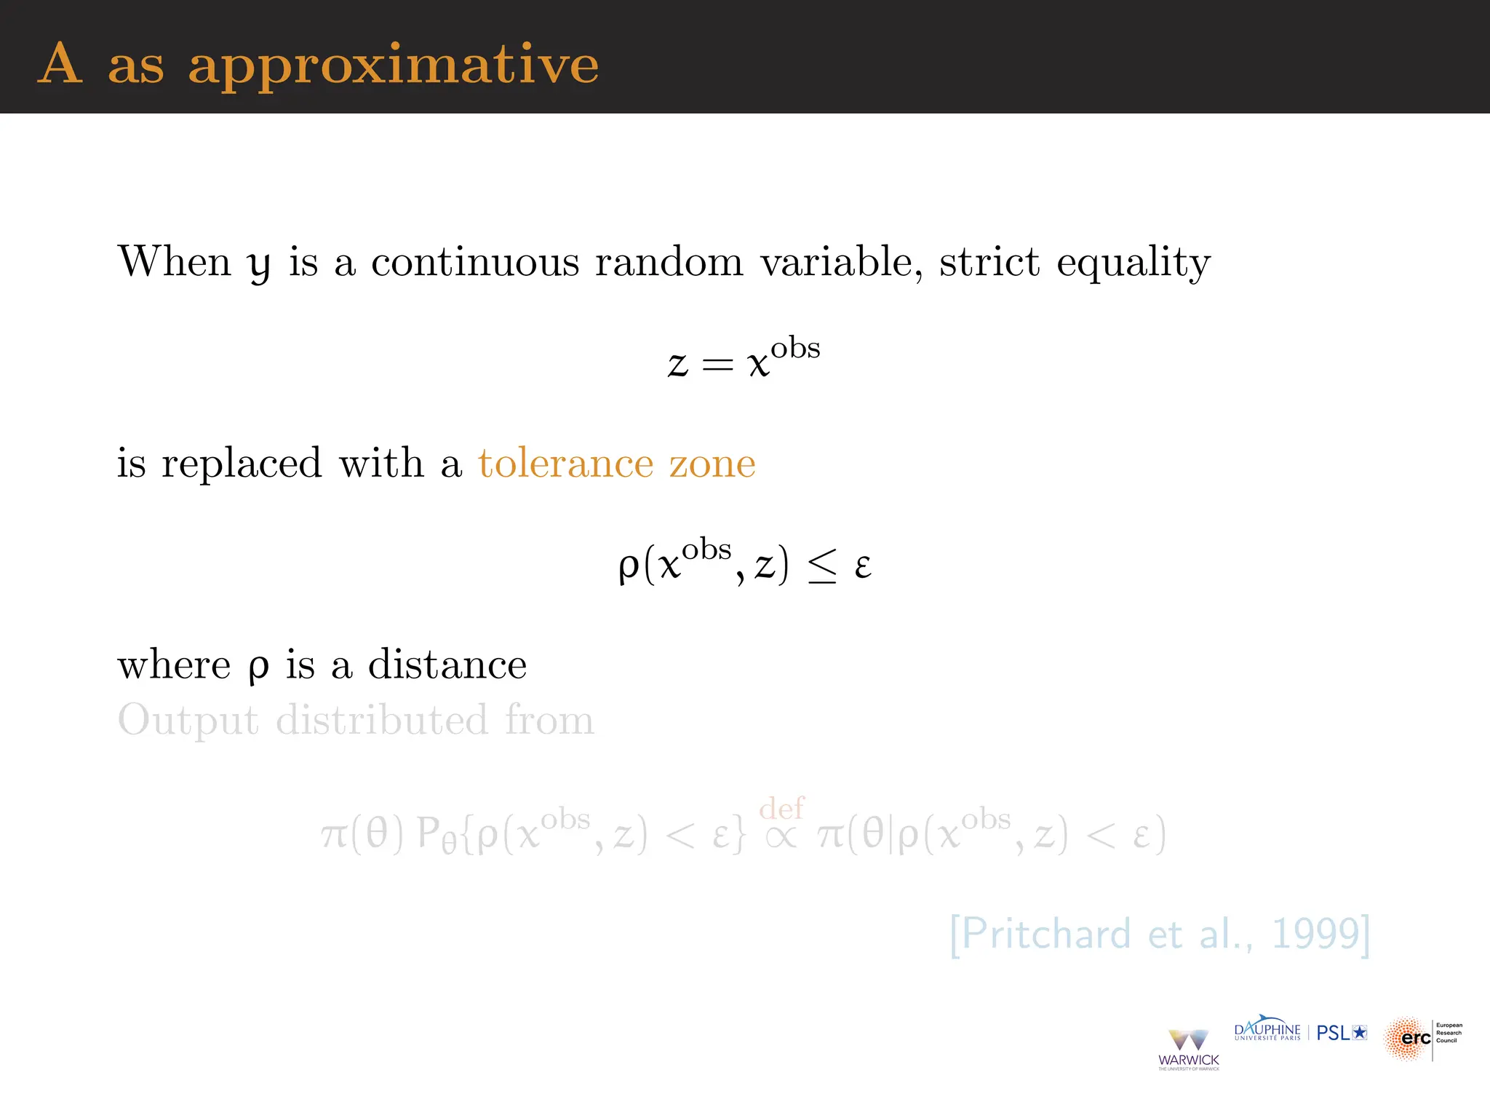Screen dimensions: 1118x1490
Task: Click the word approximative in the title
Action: [x=393, y=66]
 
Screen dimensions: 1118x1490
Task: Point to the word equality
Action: [x=1133, y=263]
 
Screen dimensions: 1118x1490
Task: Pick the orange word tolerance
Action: [x=565, y=463]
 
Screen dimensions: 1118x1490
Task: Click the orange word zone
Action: [x=712, y=464]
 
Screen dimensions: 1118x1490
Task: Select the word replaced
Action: [x=242, y=464]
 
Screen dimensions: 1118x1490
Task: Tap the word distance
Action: [x=447, y=665]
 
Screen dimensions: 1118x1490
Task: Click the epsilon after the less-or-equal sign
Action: [x=863, y=566]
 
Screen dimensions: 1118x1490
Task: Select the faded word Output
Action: [x=188, y=721]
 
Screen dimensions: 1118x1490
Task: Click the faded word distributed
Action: [x=382, y=720]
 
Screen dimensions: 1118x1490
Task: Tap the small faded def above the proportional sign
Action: [x=781, y=808]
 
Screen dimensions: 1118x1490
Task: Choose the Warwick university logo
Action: [x=1188, y=1049]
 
